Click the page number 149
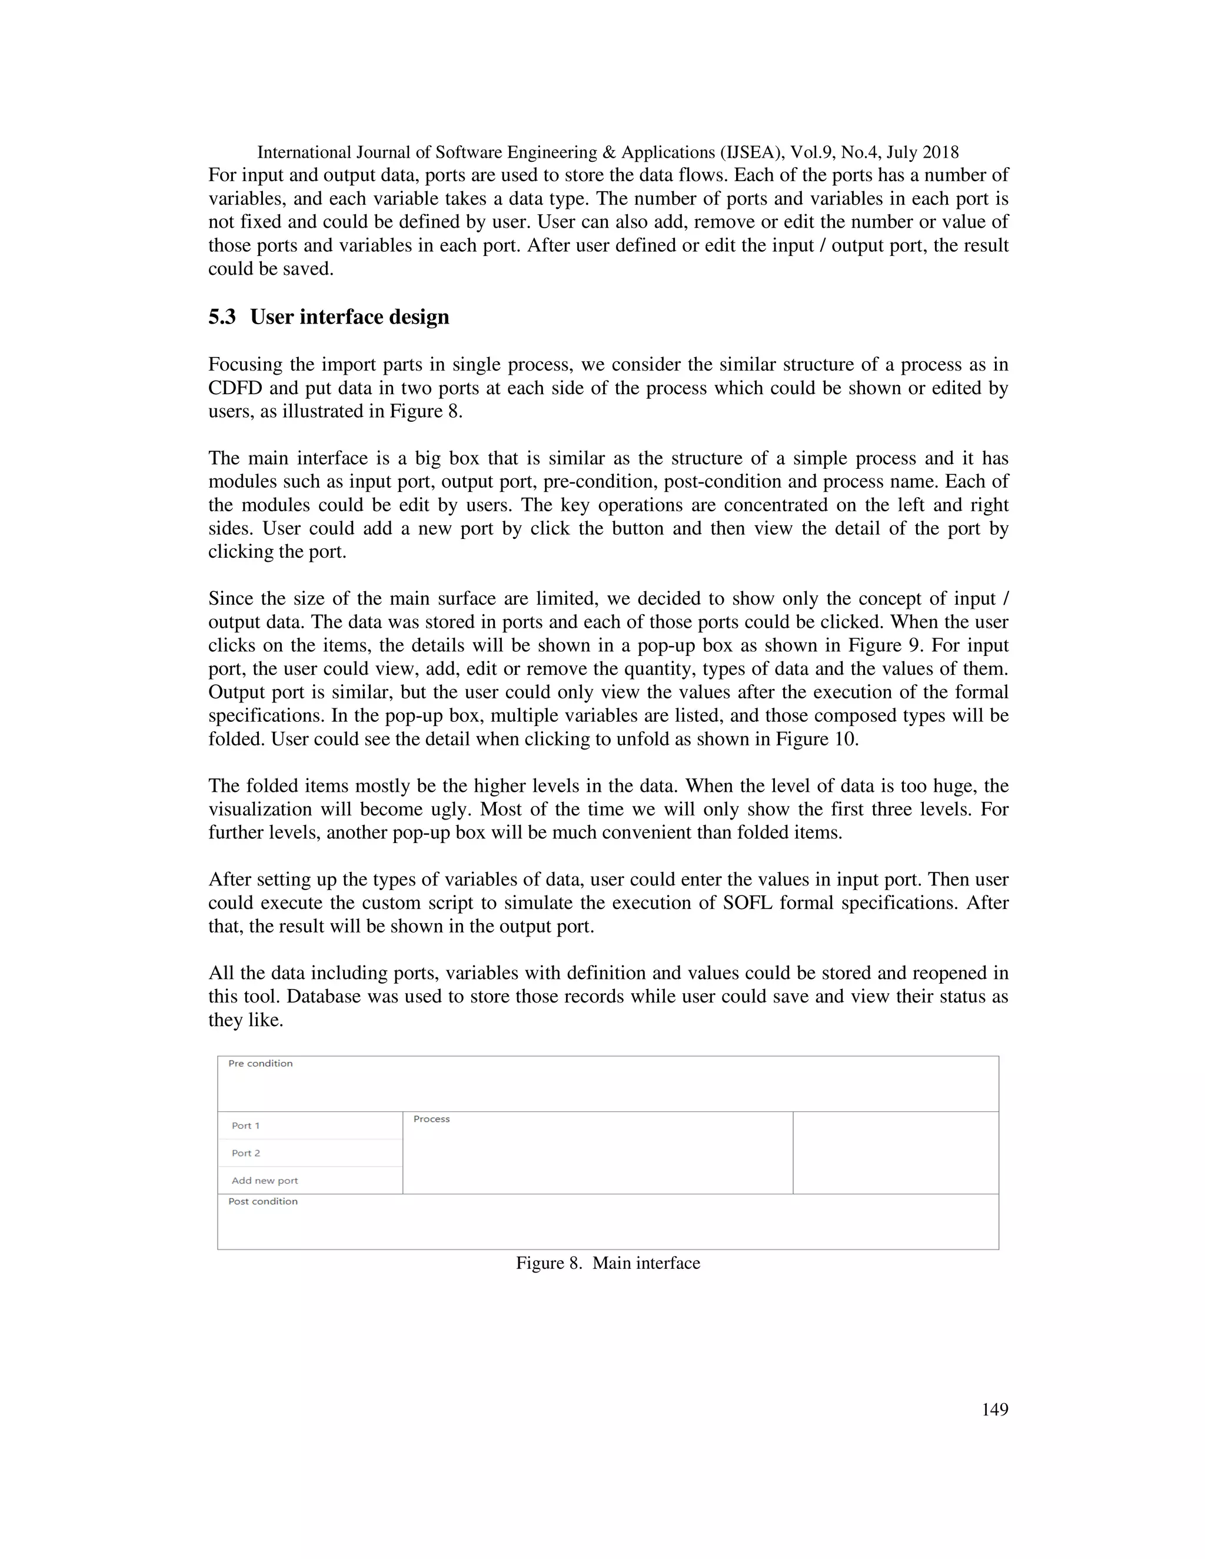tap(994, 1409)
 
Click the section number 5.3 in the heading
tap(222, 317)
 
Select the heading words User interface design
tap(350, 317)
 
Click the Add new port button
tap(265, 1181)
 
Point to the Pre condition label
tap(261, 1064)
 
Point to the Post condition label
tap(262, 1201)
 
